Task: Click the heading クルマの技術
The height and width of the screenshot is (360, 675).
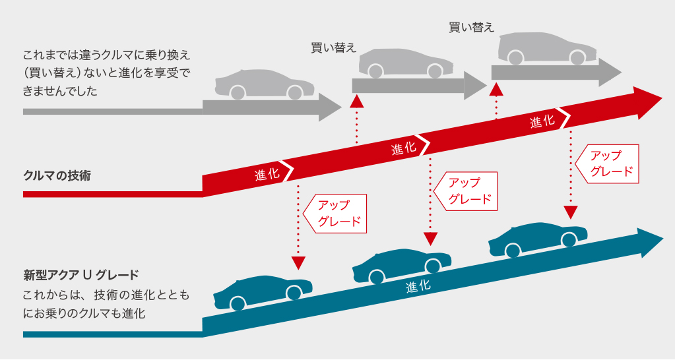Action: pyautogui.click(x=57, y=176)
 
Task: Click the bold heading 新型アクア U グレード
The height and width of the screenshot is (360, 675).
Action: pyautogui.click(x=81, y=274)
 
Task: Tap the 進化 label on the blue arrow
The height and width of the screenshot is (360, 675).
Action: pyautogui.click(x=418, y=286)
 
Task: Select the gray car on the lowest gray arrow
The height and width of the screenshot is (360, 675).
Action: pyautogui.click(x=264, y=85)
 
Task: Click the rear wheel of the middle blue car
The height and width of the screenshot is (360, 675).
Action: pyautogui.click(x=376, y=277)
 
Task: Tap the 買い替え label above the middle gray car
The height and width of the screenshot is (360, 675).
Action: pyautogui.click(x=333, y=47)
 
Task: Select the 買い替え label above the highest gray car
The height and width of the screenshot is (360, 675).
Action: pyautogui.click(x=471, y=27)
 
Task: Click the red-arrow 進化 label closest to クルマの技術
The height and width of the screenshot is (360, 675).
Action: pyautogui.click(x=267, y=174)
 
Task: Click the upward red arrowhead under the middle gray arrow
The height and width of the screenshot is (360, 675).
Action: pyautogui.click(x=357, y=100)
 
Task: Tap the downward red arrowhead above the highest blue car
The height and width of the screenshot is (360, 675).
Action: pyautogui.click(x=571, y=212)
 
